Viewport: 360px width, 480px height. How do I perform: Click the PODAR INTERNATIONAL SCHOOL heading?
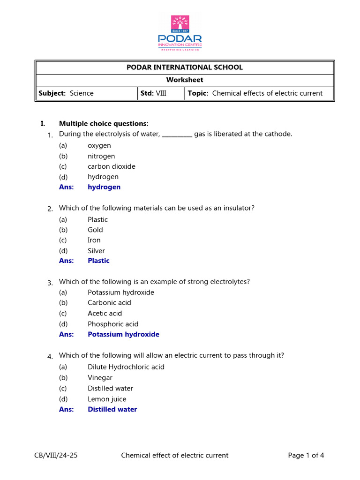tap(185, 67)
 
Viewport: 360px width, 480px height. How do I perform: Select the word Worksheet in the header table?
tap(185, 80)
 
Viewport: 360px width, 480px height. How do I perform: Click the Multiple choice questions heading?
tap(103, 124)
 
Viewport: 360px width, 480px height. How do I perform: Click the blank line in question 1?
tap(177, 135)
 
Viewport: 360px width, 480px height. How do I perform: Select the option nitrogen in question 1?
tap(101, 156)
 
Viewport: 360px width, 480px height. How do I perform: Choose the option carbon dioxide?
tap(111, 166)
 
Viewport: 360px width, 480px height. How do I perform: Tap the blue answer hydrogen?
tap(104, 187)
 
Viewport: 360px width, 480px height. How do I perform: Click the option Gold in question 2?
tap(95, 230)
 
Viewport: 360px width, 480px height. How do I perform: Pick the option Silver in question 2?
tap(96, 251)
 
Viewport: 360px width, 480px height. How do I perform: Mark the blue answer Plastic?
tap(98, 261)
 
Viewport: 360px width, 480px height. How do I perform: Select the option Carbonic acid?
tap(109, 303)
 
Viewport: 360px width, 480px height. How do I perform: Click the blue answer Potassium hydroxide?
tap(123, 335)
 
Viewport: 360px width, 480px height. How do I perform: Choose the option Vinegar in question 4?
tap(100, 378)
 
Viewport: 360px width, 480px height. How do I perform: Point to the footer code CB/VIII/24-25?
tap(56, 455)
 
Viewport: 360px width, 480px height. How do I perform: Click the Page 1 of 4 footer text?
tap(306, 455)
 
